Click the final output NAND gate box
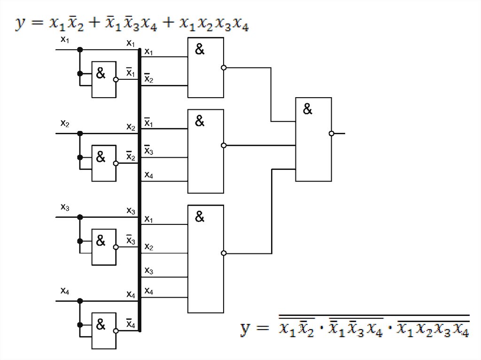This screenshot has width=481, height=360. pyautogui.click(x=313, y=139)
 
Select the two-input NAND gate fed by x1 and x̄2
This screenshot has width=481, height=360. pyautogui.click(x=206, y=68)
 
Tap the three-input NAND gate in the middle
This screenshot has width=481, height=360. pyautogui.click(x=206, y=151)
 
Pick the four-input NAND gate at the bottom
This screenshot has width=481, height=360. pyautogui.click(x=206, y=259)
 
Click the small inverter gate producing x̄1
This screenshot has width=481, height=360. pyautogui.click(x=104, y=79)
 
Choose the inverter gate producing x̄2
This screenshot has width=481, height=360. pyautogui.click(x=104, y=163)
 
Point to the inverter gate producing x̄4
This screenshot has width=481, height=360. pyautogui.click(x=104, y=331)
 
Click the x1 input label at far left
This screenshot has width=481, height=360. pyautogui.click(x=65, y=40)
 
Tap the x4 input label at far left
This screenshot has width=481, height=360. pyautogui.click(x=65, y=291)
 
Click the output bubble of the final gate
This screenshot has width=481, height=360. pyautogui.click(x=332, y=133)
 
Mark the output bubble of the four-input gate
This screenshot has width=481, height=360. pyautogui.click(x=224, y=253)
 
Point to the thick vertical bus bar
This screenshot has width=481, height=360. pyautogui.click(x=140, y=188)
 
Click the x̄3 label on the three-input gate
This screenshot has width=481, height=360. pyautogui.click(x=148, y=151)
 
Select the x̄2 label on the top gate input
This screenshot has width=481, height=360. pyautogui.click(x=148, y=79)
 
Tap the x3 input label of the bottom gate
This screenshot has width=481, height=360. pyautogui.click(x=148, y=271)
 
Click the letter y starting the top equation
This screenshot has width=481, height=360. pyautogui.click(x=20, y=23)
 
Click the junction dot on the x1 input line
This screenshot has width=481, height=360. pyautogui.click(x=80, y=49)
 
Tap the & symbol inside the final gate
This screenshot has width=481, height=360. pyautogui.click(x=307, y=109)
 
